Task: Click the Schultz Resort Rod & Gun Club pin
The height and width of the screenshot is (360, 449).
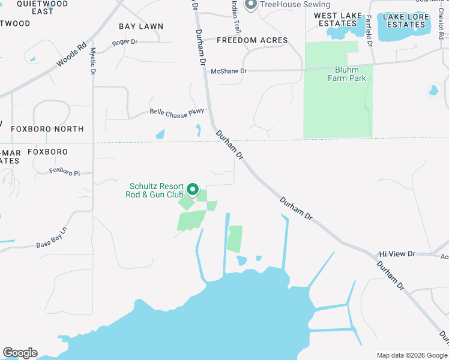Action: [193, 190]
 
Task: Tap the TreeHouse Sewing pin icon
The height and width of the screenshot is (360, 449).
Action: [252, 5]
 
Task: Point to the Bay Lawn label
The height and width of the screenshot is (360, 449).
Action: [141, 26]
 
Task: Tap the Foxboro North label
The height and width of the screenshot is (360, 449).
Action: [43, 129]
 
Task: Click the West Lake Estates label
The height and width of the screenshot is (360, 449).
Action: [338, 20]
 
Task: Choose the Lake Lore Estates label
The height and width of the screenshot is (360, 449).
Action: [406, 20]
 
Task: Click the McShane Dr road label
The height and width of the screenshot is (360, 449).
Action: [229, 71]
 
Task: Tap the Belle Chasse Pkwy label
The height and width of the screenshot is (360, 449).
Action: [177, 112]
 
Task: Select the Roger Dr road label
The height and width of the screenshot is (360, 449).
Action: [125, 43]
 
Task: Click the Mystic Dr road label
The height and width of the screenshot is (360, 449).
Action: [93, 61]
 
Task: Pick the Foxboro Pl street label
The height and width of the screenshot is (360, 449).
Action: [64, 172]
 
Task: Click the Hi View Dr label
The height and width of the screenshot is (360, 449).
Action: [397, 254]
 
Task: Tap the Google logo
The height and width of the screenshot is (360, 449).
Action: [20, 353]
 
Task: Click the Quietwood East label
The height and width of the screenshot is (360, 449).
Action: [35, 7]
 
